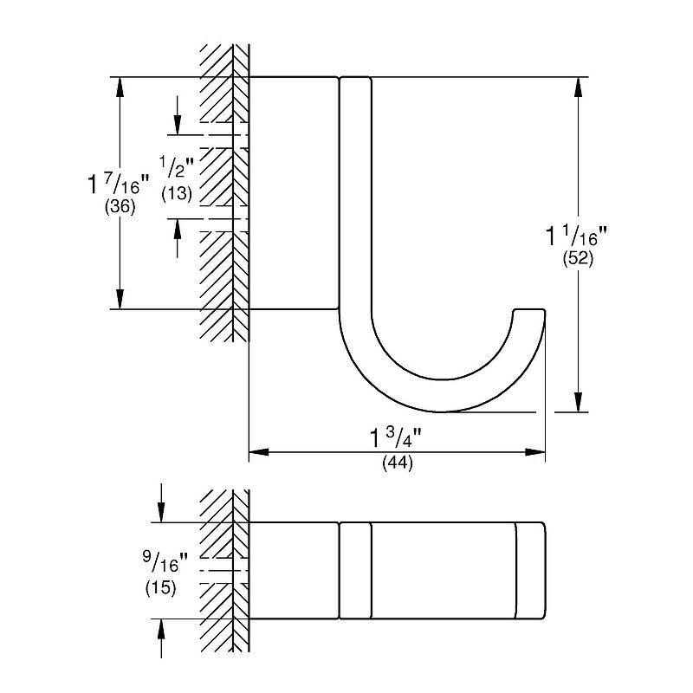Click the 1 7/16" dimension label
[119, 185]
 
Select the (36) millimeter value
[120, 207]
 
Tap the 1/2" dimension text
[177, 168]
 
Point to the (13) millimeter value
[177, 193]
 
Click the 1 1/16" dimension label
[577, 236]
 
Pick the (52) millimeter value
[578, 258]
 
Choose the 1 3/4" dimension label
[396, 437]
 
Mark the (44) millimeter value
[398, 463]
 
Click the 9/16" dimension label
[165, 562]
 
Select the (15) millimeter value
[161, 588]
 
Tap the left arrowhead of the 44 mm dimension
[259, 452]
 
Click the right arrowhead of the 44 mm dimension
[534, 452]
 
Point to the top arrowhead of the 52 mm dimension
[578, 87]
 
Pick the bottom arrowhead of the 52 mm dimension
[578, 402]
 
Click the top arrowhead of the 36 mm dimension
[120, 87]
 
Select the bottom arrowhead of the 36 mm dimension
[120, 299]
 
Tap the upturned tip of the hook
[529, 311]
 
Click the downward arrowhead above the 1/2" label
[178, 124]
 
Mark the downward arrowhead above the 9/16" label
[161, 512]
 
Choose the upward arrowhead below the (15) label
[161, 629]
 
